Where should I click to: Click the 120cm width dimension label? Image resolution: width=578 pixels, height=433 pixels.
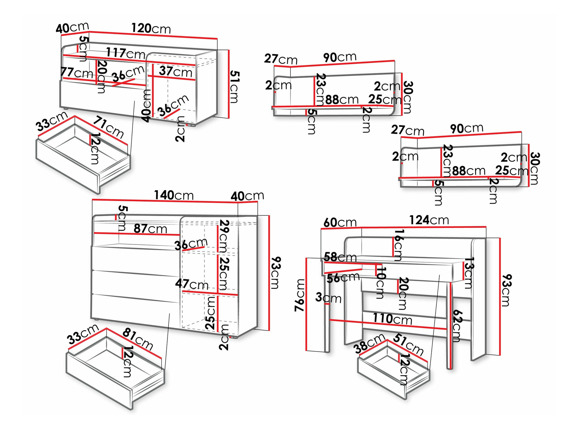[x=151, y=29]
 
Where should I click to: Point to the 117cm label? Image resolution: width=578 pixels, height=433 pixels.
[x=125, y=53]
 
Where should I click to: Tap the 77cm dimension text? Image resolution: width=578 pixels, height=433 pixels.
[x=77, y=72]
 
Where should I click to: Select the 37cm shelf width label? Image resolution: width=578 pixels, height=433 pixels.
[x=175, y=71]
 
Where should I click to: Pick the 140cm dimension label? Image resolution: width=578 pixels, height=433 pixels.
[x=173, y=195]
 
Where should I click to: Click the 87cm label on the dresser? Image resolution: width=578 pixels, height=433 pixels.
[x=150, y=229]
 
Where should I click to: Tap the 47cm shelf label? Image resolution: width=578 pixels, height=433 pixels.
[x=192, y=284]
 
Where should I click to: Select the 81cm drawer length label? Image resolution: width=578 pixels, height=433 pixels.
[x=138, y=339]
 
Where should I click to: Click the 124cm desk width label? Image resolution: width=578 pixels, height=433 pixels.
[x=429, y=220]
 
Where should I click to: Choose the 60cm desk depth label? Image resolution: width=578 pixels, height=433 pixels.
[x=340, y=223]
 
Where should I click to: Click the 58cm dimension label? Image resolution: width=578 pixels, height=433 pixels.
[x=340, y=257]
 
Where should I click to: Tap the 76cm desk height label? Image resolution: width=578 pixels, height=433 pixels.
[x=300, y=295]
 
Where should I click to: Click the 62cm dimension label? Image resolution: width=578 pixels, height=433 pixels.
[x=457, y=326]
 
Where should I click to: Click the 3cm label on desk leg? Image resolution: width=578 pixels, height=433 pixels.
[x=328, y=298]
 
